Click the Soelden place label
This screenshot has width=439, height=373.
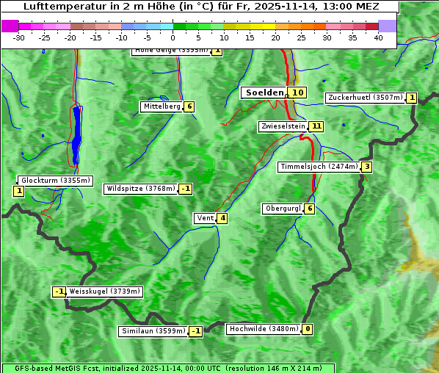click(x=264, y=93)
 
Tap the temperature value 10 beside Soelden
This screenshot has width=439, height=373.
click(x=297, y=93)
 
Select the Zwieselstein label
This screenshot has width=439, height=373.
click(x=283, y=126)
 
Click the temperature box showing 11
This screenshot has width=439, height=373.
click(x=316, y=126)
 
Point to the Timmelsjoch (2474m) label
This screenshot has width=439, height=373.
click(x=319, y=167)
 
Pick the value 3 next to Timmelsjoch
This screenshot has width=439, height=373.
click(x=366, y=167)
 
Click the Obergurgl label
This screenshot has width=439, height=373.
click(x=283, y=209)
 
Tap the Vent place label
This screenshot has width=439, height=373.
click(x=205, y=218)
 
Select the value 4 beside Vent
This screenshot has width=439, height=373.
click(x=222, y=218)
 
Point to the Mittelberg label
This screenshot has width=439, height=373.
click(x=162, y=106)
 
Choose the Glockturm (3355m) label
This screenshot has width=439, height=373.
click(x=55, y=180)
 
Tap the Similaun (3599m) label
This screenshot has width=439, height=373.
click(x=153, y=331)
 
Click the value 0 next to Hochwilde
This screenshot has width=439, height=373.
click(x=308, y=329)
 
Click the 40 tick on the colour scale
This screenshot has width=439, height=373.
click(x=378, y=37)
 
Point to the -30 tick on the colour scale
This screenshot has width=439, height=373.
click(x=19, y=37)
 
